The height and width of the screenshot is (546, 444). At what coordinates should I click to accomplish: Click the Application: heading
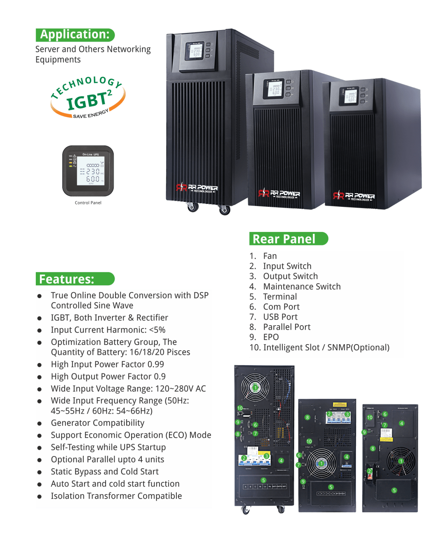75,35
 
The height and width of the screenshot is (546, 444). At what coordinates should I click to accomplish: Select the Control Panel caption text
88,203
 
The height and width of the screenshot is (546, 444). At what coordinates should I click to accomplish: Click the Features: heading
67,279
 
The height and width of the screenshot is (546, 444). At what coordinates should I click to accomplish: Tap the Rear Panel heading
284,239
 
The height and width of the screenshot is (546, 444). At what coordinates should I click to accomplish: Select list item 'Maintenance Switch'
302,287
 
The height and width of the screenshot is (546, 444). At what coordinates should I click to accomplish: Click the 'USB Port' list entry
280,317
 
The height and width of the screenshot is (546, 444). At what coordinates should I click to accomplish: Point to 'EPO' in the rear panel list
271,337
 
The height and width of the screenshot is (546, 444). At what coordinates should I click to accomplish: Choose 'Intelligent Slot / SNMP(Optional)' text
326,347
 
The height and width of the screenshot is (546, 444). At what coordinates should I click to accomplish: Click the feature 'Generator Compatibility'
97,423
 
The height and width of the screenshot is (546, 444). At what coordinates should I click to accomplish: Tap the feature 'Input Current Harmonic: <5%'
108,330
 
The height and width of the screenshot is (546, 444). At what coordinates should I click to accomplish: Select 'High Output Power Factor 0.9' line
108,377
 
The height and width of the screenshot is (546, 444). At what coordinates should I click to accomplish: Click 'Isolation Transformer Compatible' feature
116,496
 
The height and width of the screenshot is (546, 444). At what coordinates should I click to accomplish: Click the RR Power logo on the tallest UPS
197,188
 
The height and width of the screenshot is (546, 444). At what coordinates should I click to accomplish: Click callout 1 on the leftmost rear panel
255,387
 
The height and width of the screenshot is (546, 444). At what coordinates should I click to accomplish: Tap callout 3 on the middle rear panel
347,414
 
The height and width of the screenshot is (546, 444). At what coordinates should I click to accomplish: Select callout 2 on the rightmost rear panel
370,471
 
